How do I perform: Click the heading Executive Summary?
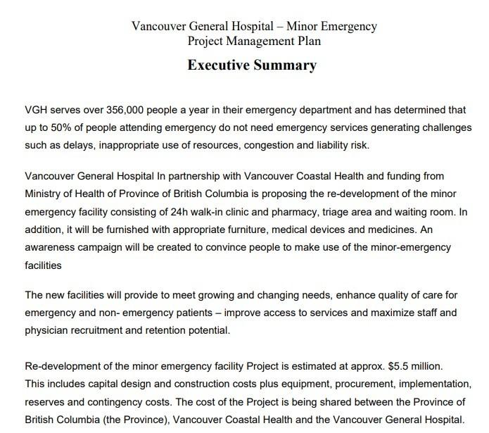(x=252, y=65)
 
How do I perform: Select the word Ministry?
(x=44, y=193)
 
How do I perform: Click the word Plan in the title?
(x=303, y=41)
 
